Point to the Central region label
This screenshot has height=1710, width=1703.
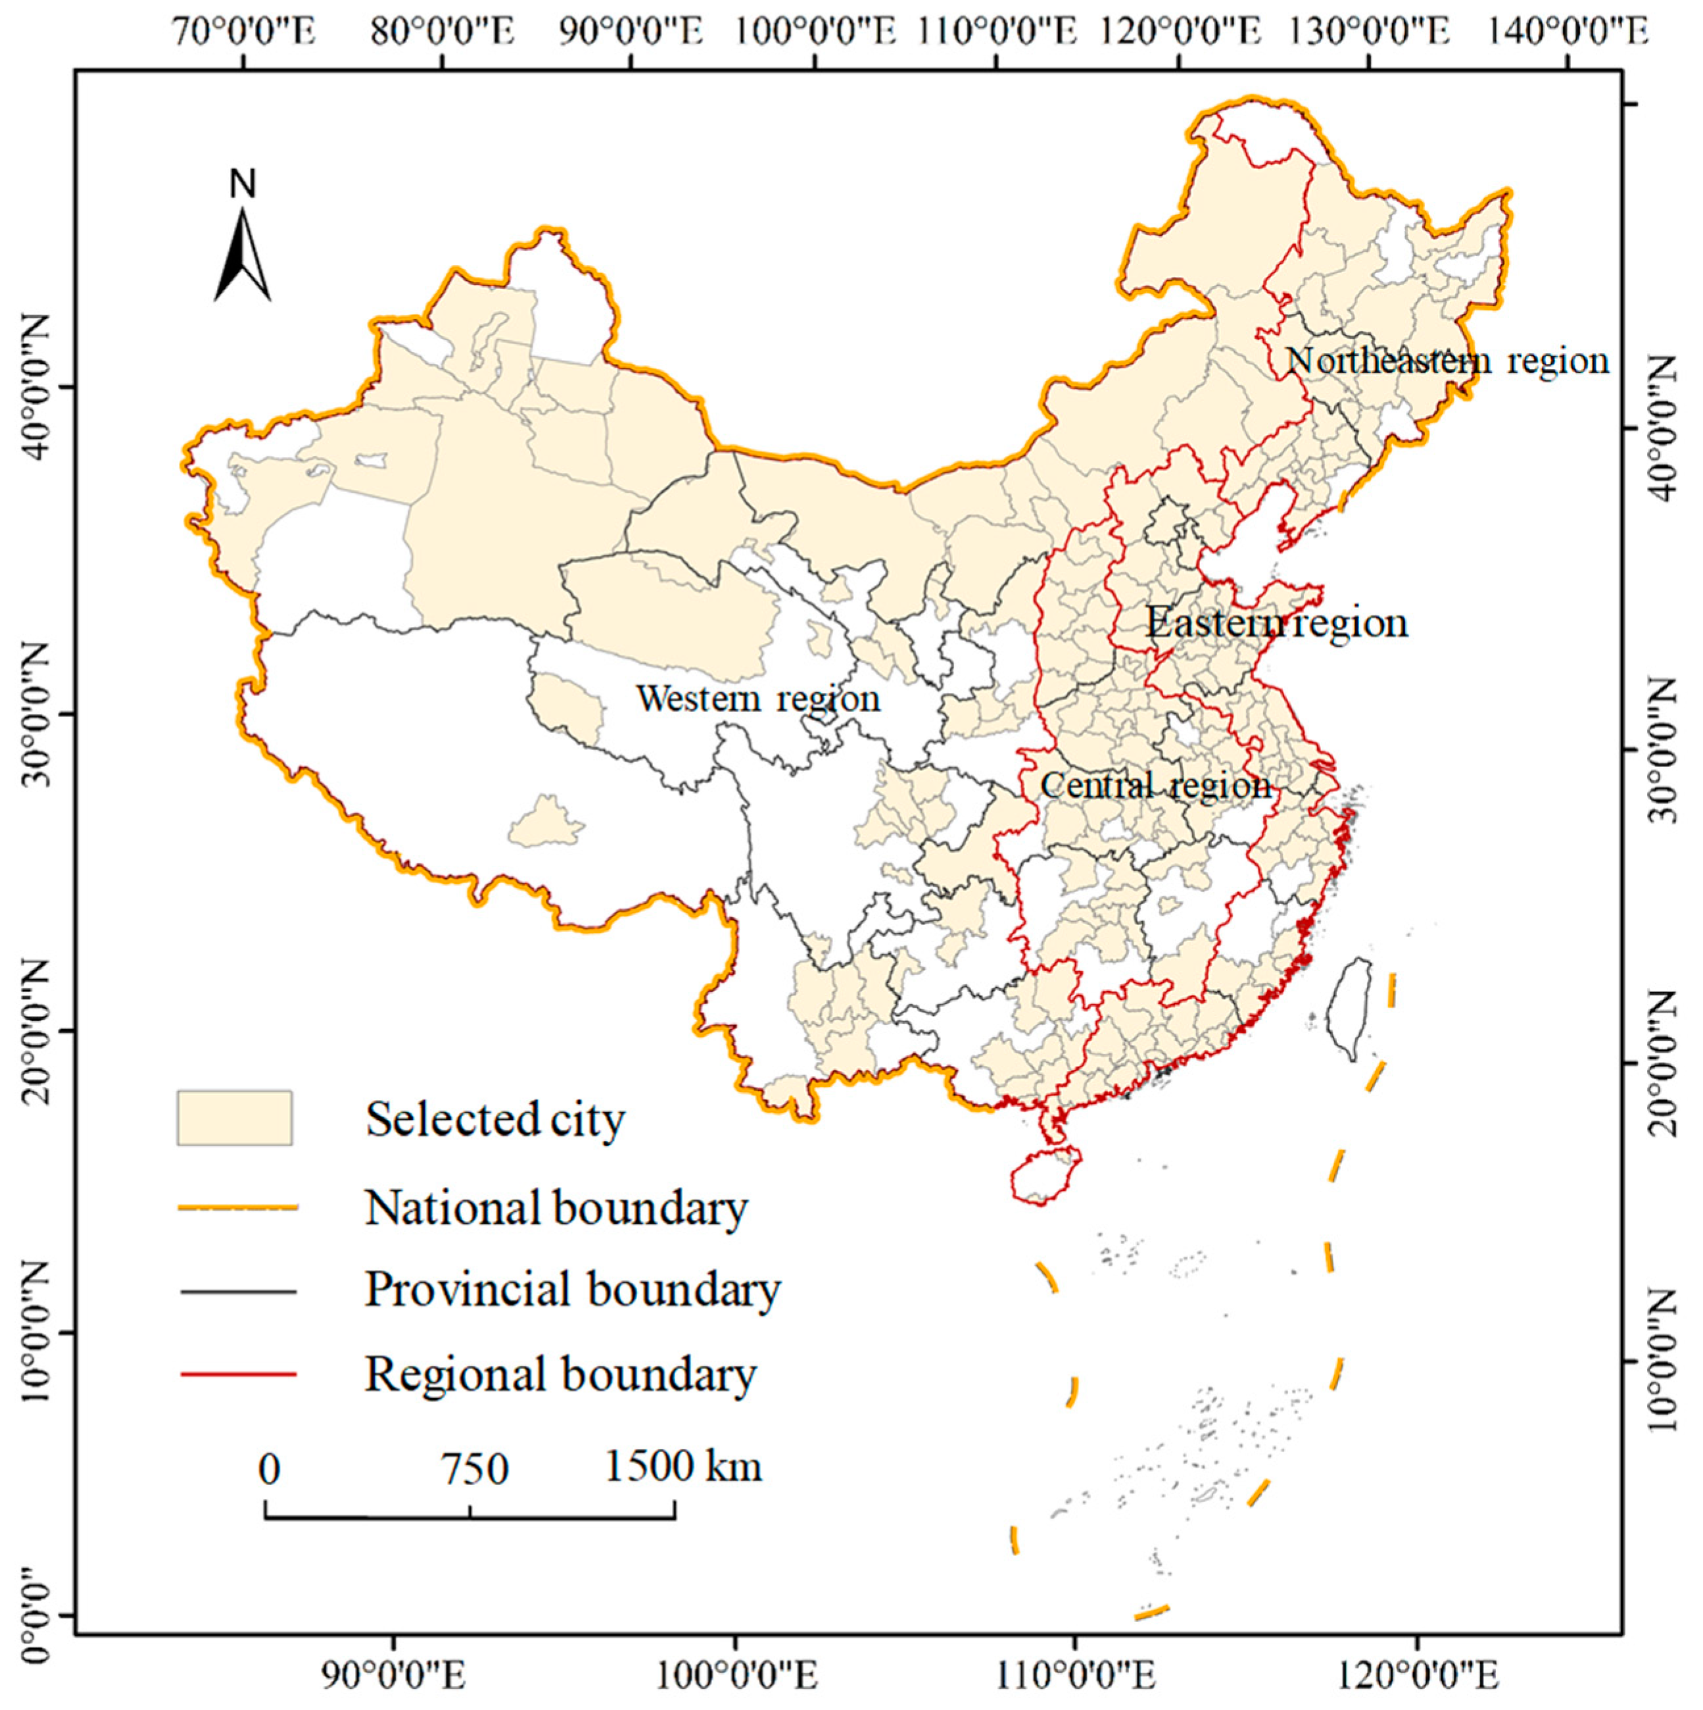(1155, 785)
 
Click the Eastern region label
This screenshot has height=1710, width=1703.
(1276, 622)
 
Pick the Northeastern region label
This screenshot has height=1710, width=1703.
(1447, 361)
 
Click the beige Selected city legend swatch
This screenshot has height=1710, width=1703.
(235, 1118)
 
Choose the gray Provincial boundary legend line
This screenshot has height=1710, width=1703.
(238, 1292)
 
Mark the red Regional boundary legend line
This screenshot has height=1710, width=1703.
(238, 1374)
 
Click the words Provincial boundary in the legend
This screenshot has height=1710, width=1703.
(573, 1290)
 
